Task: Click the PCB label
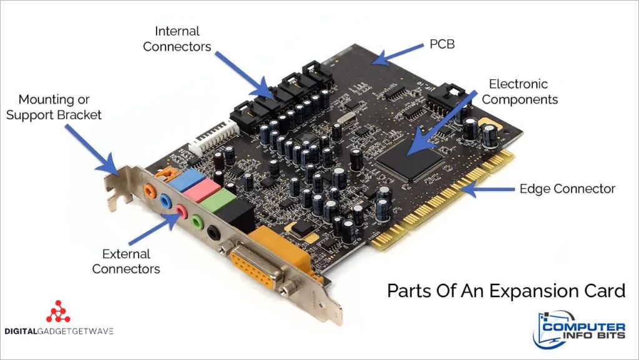(x=442, y=44)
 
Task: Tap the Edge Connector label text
(x=567, y=188)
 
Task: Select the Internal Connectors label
(x=177, y=39)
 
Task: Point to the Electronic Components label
(x=520, y=92)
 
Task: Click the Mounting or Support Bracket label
(x=54, y=107)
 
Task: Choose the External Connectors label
(x=126, y=261)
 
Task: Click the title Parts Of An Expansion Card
(x=505, y=291)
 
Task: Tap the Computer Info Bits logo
(x=579, y=329)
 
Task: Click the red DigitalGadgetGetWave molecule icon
(x=58, y=311)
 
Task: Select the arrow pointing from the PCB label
(x=398, y=56)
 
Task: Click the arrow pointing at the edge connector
(x=487, y=189)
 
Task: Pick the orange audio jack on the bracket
(x=150, y=190)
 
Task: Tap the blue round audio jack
(x=165, y=201)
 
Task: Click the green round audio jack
(x=197, y=222)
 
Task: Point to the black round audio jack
(x=213, y=233)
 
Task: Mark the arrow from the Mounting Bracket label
(x=92, y=150)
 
